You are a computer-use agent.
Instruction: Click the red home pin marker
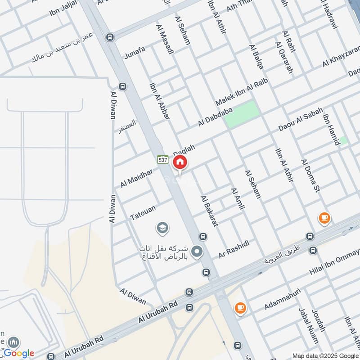pos(180,162)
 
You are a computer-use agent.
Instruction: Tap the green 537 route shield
pos(162,159)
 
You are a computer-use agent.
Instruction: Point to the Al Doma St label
pos(311,175)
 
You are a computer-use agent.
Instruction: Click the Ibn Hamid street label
pos(330,129)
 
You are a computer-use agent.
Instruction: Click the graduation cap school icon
pos(162,229)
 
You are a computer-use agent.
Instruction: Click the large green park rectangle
pos(242,113)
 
